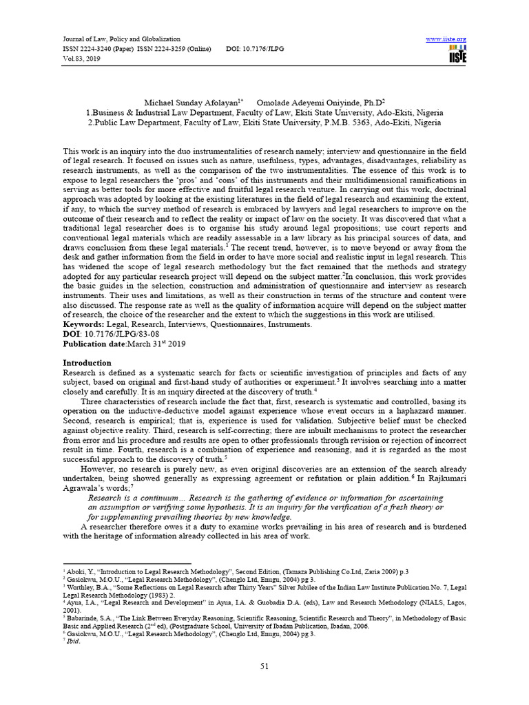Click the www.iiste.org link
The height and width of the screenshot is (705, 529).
(x=446, y=39)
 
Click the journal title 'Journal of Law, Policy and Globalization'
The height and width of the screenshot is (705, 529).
(x=112, y=39)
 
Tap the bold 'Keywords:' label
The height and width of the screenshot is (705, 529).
(x=85, y=324)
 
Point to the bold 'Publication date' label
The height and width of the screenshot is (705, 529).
(x=97, y=343)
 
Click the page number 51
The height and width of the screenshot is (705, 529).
(x=264, y=665)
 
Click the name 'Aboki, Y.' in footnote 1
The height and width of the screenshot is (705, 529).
(x=80, y=572)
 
